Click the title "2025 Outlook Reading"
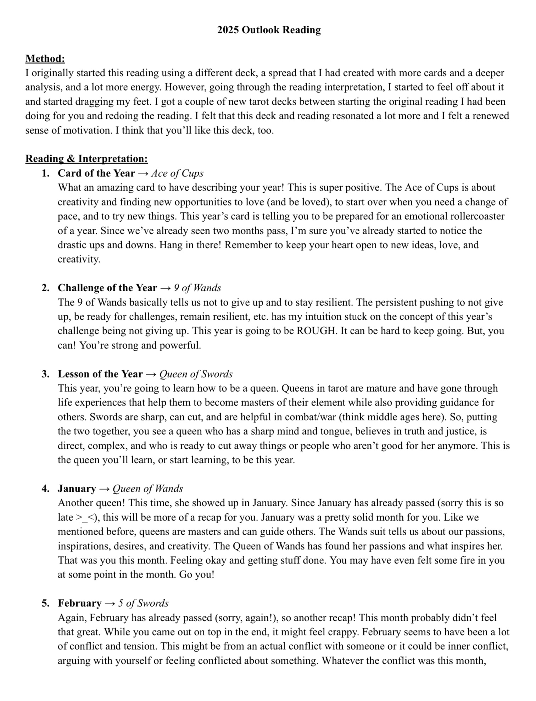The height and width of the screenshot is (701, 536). pyautogui.click(x=269, y=30)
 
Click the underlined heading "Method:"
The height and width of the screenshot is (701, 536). pyautogui.click(x=45, y=59)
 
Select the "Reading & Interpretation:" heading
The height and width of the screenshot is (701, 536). pyautogui.click(x=86, y=159)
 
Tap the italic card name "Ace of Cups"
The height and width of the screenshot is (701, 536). pyautogui.click(x=177, y=173)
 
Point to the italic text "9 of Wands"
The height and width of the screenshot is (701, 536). pyautogui.click(x=197, y=288)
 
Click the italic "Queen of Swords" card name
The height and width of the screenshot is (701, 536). pyautogui.click(x=196, y=374)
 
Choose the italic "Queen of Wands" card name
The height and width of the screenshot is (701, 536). pyautogui.click(x=148, y=489)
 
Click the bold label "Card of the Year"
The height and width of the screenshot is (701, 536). pyautogui.click(x=96, y=173)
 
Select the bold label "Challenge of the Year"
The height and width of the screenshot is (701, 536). pyautogui.click(x=107, y=288)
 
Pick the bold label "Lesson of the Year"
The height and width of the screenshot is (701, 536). pyautogui.click(x=100, y=374)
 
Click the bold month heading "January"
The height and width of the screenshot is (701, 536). pyautogui.click(x=77, y=489)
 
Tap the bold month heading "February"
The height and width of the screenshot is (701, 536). pyautogui.click(x=80, y=603)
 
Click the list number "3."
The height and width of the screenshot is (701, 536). pyautogui.click(x=45, y=374)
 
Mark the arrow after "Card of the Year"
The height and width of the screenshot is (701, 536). pyautogui.click(x=143, y=173)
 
